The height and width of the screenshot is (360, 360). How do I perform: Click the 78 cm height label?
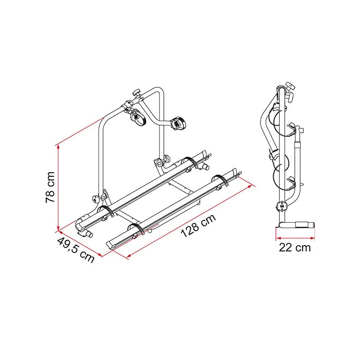point(50,187)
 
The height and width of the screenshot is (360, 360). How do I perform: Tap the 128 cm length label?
point(198,226)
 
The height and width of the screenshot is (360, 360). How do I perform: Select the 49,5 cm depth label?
point(76,250)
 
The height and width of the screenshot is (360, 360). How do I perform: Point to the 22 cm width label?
point(295,247)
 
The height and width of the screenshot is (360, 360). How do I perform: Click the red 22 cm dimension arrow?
point(295,238)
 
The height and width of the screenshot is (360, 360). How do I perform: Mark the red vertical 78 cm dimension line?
point(58,187)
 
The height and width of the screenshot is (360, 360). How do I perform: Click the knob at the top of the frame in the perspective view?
point(137,93)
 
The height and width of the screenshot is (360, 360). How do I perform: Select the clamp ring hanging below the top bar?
point(139,117)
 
